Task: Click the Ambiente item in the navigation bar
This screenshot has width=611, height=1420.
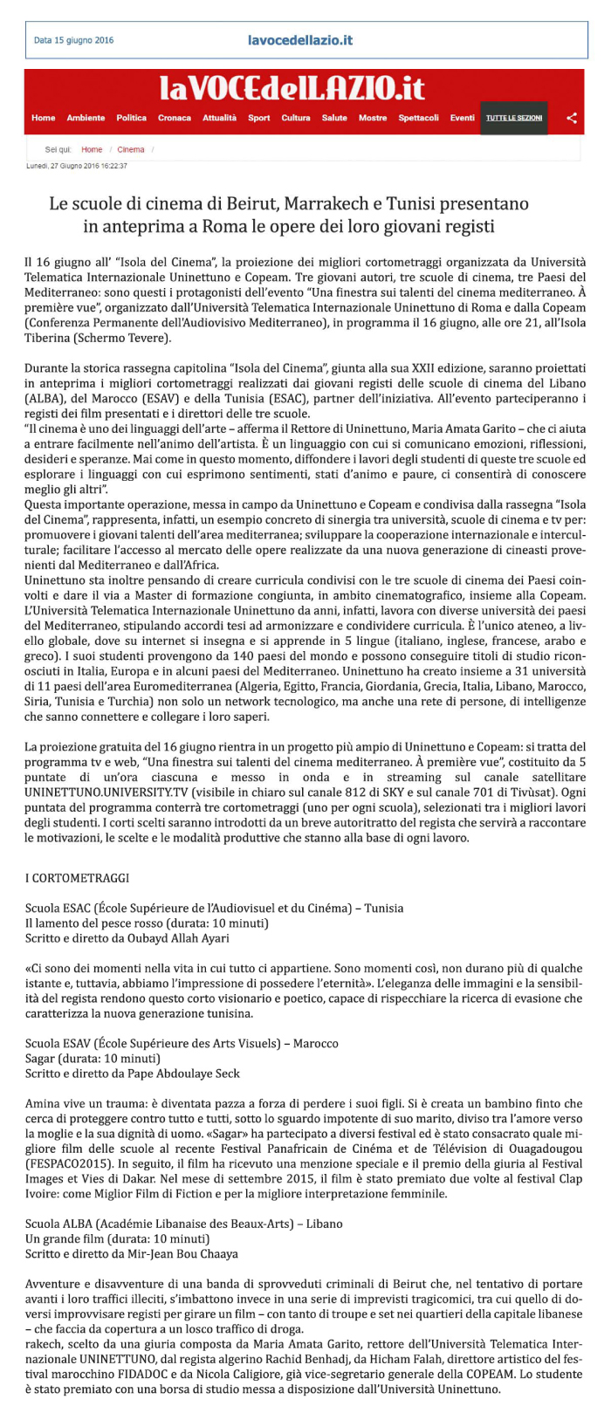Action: pyautogui.click(x=86, y=118)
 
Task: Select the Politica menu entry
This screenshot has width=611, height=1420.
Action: pyautogui.click(x=131, y=118)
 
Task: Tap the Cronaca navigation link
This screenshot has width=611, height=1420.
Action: pyautogui.click(x=175, y=118)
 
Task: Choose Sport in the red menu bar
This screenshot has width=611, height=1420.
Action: pyautogui.click(x=258, y=118)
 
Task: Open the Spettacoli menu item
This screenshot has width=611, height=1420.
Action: pyautogui.click(x=418, y=118)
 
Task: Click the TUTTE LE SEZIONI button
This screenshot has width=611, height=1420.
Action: pyautogui.click(x=514, y=118)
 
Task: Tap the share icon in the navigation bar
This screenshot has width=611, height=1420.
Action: pyautogui.click(x=572, y=118)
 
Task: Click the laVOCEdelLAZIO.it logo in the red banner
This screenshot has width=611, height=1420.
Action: pyautogui.click(x=292, y=88)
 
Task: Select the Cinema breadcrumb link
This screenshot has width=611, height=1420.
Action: pyautogui.click(x=131, y=149)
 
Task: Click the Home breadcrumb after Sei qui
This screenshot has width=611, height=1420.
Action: pyautogui.click(x=92, y=149)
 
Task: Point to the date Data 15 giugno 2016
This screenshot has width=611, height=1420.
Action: pyautogui.click(x=73, y=40)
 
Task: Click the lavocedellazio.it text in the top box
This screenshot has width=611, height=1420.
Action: pyautogui.click(x=300, y=40)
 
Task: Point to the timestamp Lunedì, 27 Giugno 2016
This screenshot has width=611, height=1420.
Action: pyautogui.click(x=76, y=165)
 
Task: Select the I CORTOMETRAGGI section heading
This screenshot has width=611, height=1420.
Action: pyautogui.click(x=77, y=877)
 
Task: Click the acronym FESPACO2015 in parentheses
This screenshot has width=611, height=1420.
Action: pyautogui.click(x=63, y=1163)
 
